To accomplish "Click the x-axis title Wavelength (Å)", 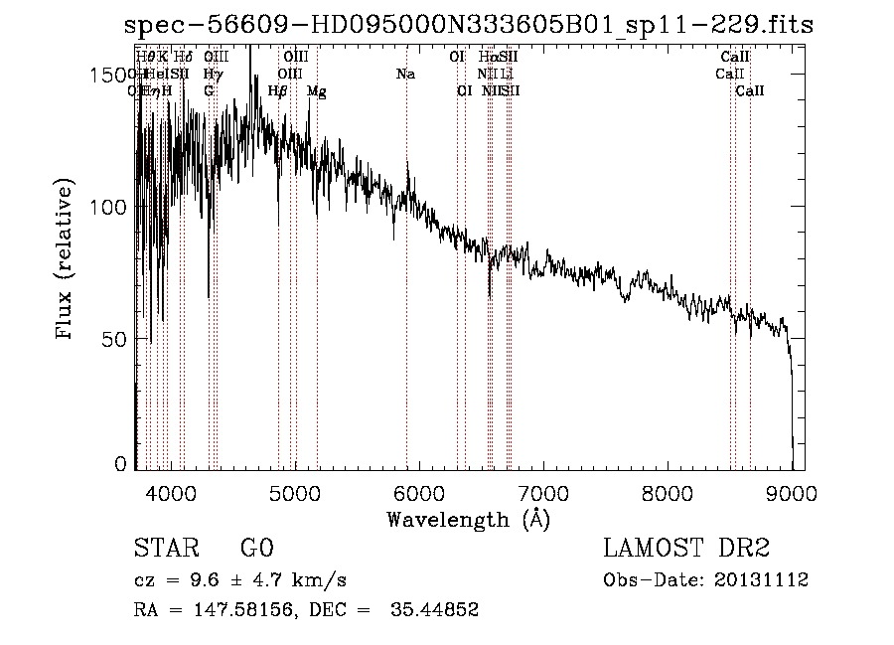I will pyautogui.click(x=468, y=518).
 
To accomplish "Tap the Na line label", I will pyautogui.click(x=405, y=74).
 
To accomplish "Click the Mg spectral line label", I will pyautogui.click(x=316, y=91).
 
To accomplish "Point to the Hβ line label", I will pyautogui.click(x=278, y=90).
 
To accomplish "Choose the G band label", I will pyautogui.click(x=209, y=90).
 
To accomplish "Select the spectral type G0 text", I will pyautogui.click(x=255, y=549).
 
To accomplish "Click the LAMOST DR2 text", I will pyautogui.click(x=686, y=549).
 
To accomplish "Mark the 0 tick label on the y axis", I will pyautogui.click(x=119, y=464).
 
